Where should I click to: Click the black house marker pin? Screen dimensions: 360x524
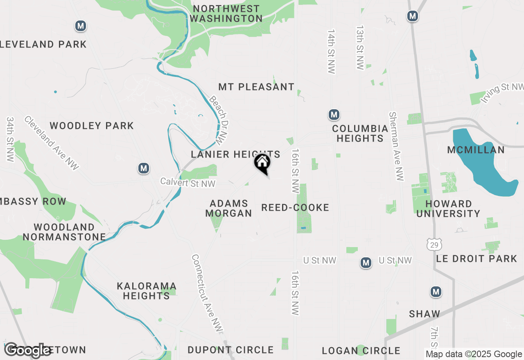[x=262, y=163]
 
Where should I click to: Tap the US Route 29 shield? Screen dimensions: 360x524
[x=434, y=244]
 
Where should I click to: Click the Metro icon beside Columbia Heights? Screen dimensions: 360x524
[x=334, y=115]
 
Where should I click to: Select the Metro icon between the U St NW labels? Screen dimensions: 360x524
[x=366, y=263]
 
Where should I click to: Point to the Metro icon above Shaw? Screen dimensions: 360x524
[x=436, y=292]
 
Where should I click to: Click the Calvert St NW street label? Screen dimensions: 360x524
[x=188, y=182]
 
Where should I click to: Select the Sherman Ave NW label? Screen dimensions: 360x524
[x=396, y=146]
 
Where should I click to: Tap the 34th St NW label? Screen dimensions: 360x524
[x=10, y=139]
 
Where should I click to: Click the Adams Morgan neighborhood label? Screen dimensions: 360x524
[x=228, y=208]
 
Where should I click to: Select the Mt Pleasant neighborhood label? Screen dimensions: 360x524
[x=256, y=87]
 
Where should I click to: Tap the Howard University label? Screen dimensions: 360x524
[x=449, y=209]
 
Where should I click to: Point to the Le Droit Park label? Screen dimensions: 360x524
[x=477, y=259]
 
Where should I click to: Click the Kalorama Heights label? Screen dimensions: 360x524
[x=146, y=290]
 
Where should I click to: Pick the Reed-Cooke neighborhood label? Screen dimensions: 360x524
[x=295, y=207]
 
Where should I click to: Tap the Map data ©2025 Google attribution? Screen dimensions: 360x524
[x=474, y=354]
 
